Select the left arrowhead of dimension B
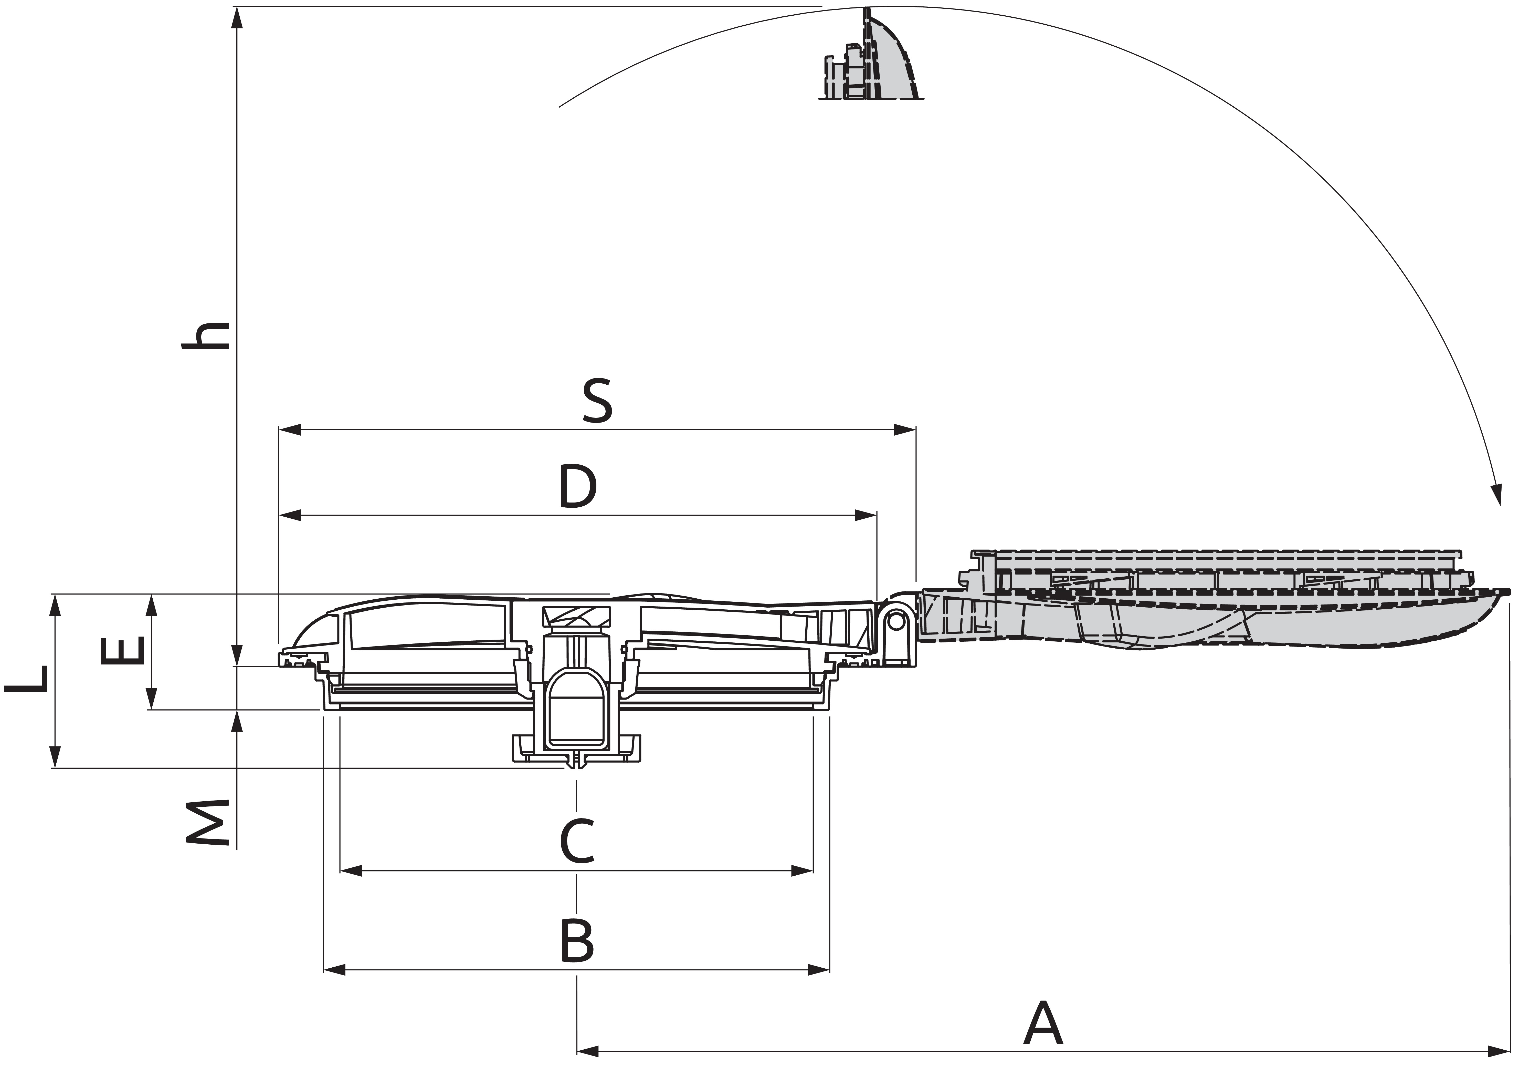[335, 970]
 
